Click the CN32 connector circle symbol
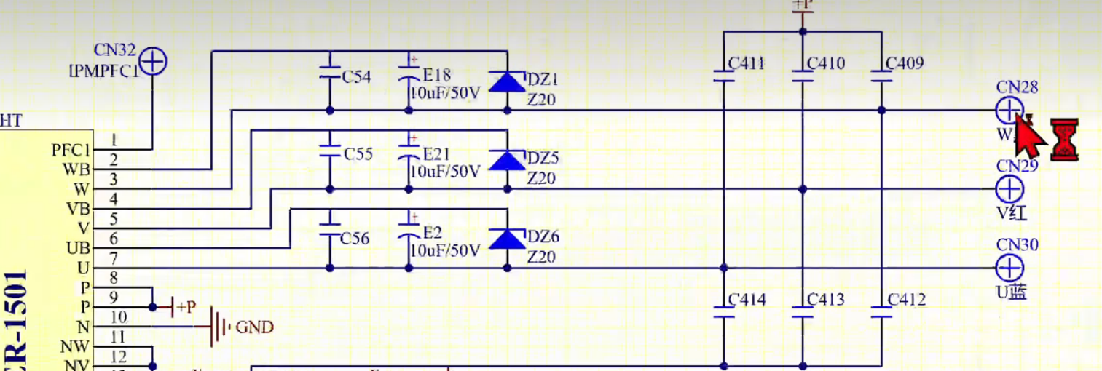pos(153,62)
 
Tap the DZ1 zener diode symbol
pos(506,81)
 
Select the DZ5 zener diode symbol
pos(506,160)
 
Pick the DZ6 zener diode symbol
pos(506,239)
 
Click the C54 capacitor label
pos(357,76)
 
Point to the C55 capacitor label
pos(358,154)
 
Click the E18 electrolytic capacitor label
pos(437,76)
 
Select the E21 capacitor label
pos(437,154)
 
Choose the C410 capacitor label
pos(826,64)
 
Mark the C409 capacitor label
pos(905,64)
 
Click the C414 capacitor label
pos(747,300)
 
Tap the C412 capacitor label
pos(906,300)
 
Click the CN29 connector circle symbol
pos(1009,189)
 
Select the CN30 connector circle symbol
pos(1009,268)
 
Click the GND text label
pos(254,327)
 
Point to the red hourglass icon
pos(1063,140)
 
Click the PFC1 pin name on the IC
pos(71,151)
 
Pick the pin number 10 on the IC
pos(118,317)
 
